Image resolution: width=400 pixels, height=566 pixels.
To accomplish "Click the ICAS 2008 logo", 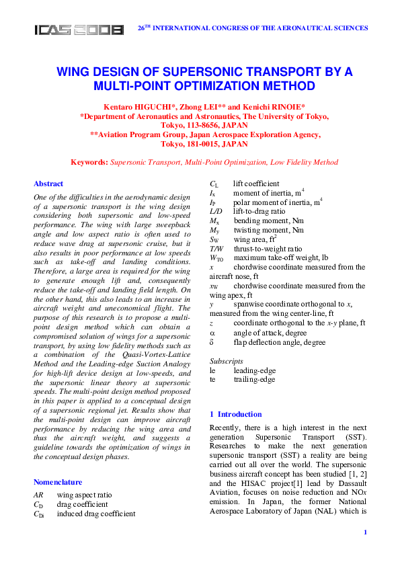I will [79, 30].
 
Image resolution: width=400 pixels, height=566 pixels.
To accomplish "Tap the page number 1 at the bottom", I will [364, 532].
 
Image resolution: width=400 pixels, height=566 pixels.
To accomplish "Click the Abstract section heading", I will [48, 184].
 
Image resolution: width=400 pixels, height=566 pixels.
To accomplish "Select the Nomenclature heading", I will [58, 482].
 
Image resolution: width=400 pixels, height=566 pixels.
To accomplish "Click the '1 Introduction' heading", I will [236, 414].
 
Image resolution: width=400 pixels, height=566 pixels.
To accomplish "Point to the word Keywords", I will [89, 162].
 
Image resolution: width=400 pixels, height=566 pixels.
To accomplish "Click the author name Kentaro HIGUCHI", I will [133, 107].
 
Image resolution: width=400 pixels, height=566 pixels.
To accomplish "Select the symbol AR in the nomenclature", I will [38, 495].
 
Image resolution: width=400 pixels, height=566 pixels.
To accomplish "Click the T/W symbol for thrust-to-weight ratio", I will [216, 247].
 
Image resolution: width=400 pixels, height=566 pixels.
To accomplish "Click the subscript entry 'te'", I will [213, 379].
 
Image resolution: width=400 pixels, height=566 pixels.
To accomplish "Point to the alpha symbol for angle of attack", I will [212, 332].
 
